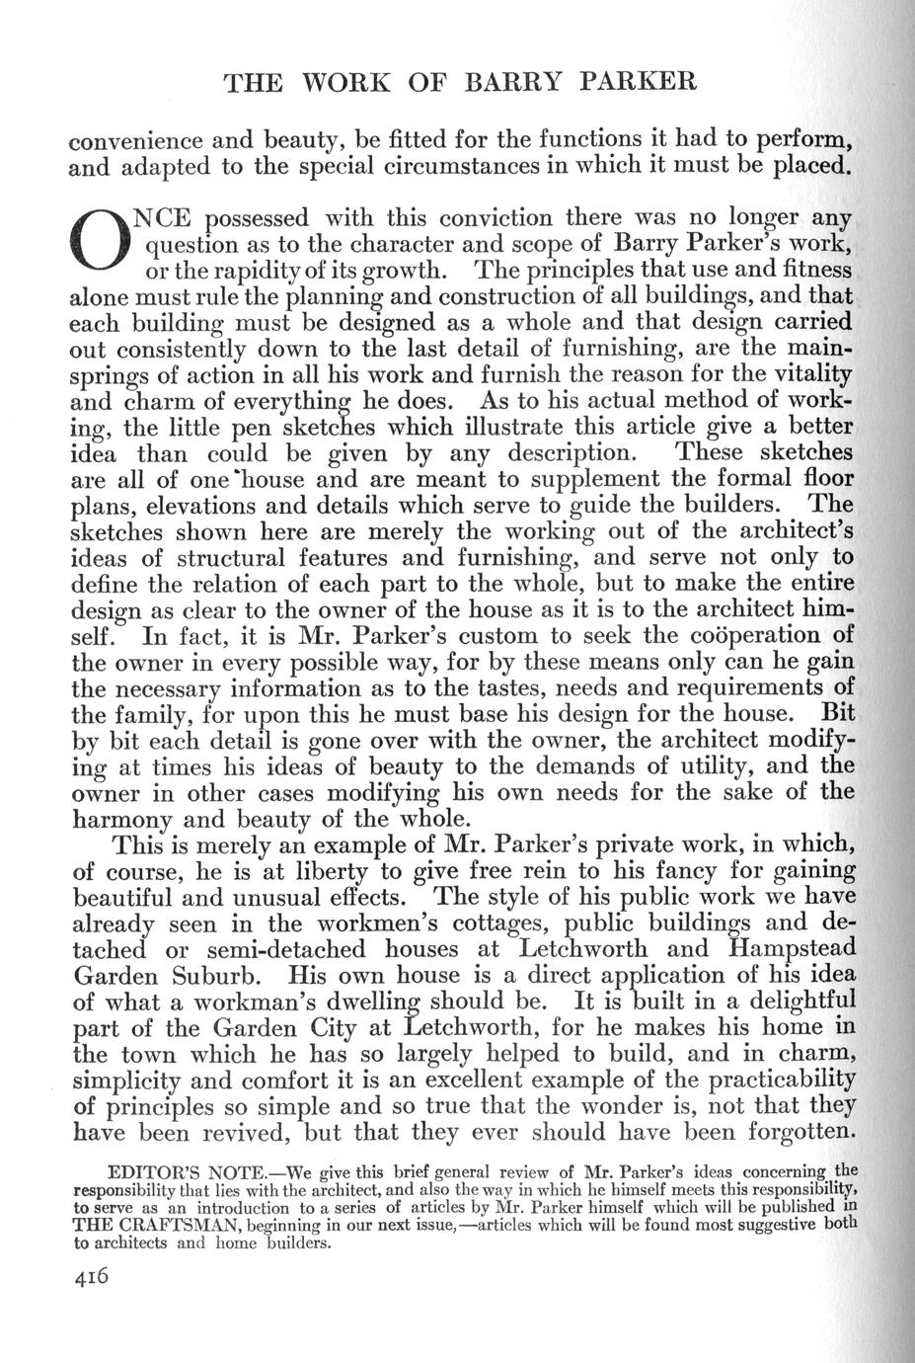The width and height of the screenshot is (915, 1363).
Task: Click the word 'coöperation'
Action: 744,634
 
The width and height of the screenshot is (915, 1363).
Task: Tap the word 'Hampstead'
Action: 785,950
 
